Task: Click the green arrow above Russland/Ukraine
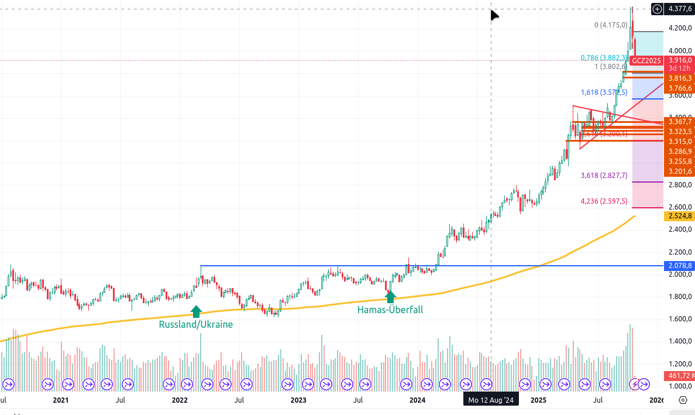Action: (197, 311)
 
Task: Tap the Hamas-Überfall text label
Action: (390, 310)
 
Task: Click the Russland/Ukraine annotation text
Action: (196, 324)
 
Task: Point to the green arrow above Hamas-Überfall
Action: (390, 297)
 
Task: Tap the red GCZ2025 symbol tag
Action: (646, 60)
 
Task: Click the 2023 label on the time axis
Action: (298, 400)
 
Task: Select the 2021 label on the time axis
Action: (61, 400)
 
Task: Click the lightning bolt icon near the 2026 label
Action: (635, 384)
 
